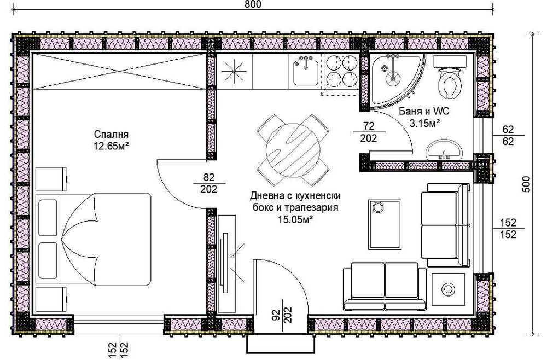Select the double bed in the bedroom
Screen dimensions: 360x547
click(x=93, y=239)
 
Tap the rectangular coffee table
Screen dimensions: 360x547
click(x=380, y=224)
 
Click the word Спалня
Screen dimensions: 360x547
click(x=111, y=135)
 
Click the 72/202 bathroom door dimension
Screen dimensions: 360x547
click(x=369, y=132)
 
